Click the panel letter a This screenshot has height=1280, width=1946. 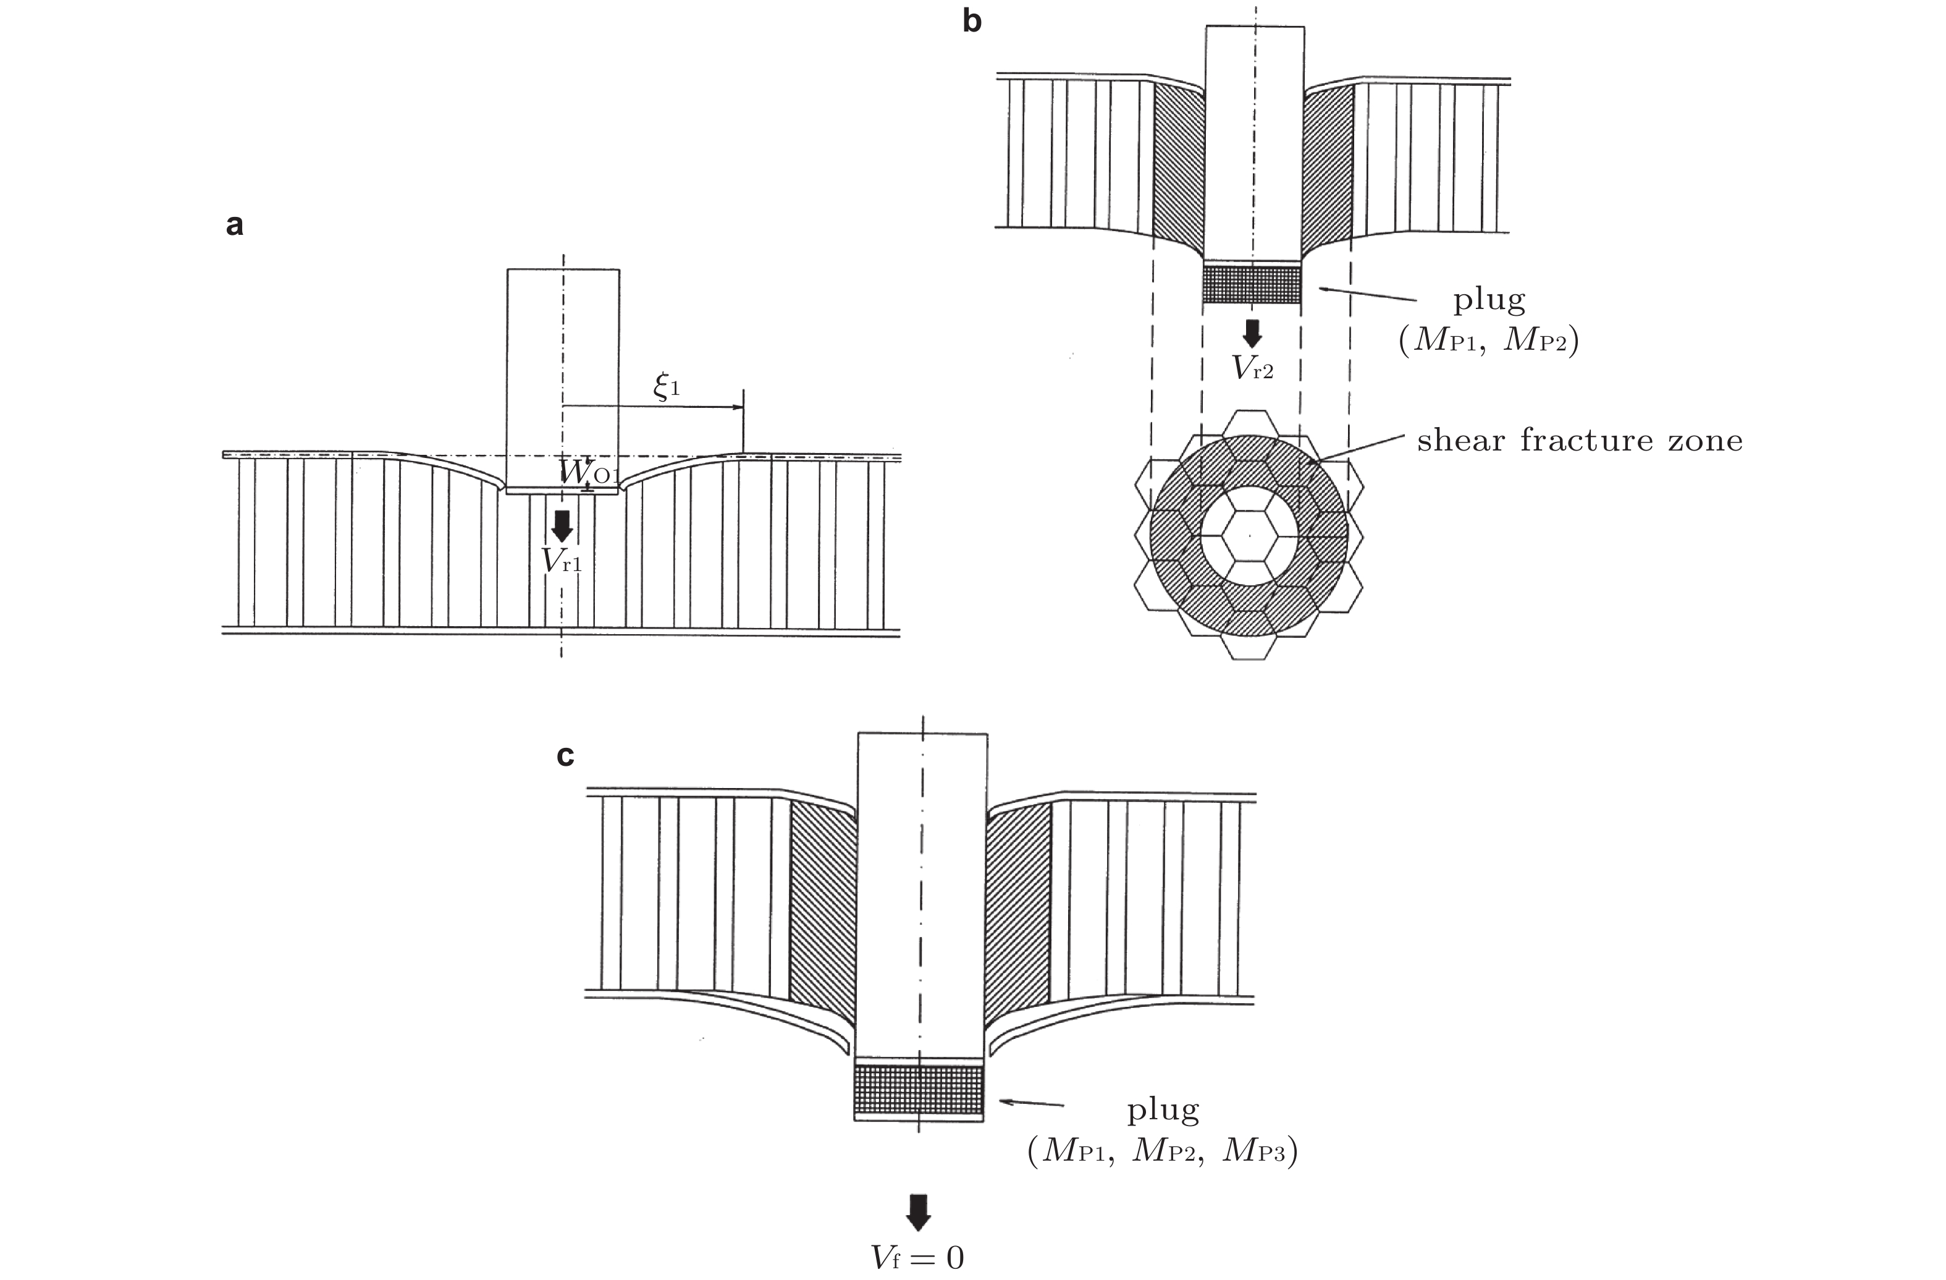pyautogui.click(x=235, y=225)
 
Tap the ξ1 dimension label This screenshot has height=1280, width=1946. pyautogui.click(x=667, y=385)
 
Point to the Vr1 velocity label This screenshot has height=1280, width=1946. pyautogui.click(x=562, y=560)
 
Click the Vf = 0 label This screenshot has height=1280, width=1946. pyautogui.click(x=917, y=1257)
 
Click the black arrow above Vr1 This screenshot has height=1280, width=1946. pyautogui.click(x=562, y=526)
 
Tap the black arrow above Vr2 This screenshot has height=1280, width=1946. pyautogui.click(x=1252, y=333)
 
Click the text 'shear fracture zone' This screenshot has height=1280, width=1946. pyautogui.click(x=1580, y=441)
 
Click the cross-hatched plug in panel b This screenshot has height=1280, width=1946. pyautogui.click(x=1252, y=284)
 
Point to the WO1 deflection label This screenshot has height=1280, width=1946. pyautogui.click(x=586, y=473)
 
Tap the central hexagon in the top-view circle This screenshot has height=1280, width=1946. pyautogui.click(x=1249, y=536)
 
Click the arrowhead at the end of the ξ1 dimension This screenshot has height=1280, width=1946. pyautogui.click(x=738, y=407)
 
